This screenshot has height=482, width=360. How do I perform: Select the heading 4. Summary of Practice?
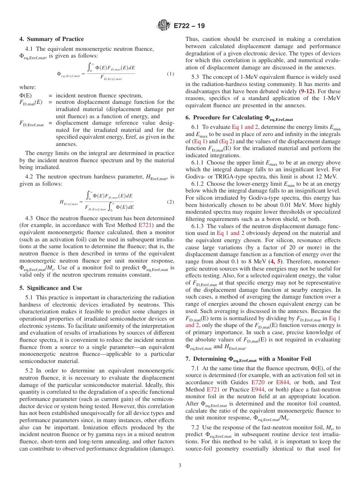(x=52, y=39)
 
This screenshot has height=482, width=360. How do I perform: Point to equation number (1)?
(x=170, y=74)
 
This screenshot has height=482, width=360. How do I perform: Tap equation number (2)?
(x=170, y=202)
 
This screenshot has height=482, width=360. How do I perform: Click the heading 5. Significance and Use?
(x=50, y=288)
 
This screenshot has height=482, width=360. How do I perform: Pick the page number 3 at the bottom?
(x=180, y=465)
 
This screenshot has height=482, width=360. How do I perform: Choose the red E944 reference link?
(x=258, y=390)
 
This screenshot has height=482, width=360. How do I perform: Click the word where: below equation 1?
(x=28, y=87)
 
